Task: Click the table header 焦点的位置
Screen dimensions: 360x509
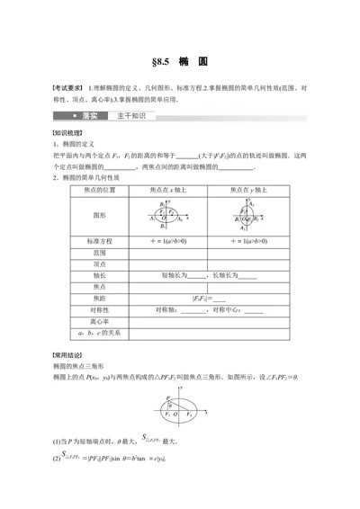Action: tap(97, 165)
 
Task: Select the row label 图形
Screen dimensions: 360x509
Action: tap(97, 192)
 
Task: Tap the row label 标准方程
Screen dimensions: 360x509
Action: tap(97, 217)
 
